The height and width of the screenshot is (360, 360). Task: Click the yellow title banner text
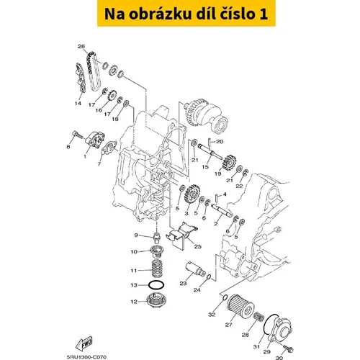tap(186, 14)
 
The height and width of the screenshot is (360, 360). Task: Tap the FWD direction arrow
tap(84, 343)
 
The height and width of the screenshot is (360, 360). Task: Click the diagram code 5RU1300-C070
tap(86, 357)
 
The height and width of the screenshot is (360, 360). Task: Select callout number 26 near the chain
tap(81, 46)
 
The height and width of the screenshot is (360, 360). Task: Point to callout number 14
tap(78, 104)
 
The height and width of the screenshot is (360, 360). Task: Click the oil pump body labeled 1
tap(96, 139)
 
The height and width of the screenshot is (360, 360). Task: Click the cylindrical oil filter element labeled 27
tap(240, 307)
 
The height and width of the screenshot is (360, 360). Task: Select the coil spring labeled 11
tap(158, 269)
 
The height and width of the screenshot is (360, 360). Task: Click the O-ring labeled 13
tap(156, 285)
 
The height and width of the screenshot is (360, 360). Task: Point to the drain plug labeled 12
tap(156, 301)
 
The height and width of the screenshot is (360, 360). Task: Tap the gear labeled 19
tap(228, 163)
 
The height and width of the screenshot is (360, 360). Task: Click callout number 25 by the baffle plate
tap(197, 247)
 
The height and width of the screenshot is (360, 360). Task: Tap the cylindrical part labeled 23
tap(195, 269)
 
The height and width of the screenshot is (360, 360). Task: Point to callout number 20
tap(220, 142)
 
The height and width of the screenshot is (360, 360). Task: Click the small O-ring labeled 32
tap(224, 297)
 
